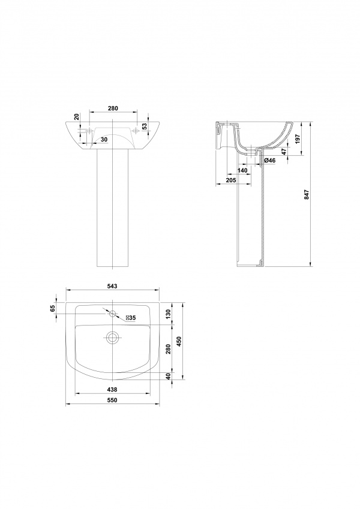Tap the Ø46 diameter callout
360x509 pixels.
(x=270, y=160)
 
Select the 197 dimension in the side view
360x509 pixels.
(x=298, y=138)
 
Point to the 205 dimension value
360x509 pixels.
(x=232, y=180)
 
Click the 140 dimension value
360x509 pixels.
(x=242, y=170)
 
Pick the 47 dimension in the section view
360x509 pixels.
(x=284, y=152)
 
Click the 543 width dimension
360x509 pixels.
(x=112, y=286)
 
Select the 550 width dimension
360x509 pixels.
(x=112, y=400)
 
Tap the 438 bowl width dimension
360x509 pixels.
(x=112, y=390)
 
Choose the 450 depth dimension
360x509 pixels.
(x=178, y=341)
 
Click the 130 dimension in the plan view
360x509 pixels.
(x=167, y=314)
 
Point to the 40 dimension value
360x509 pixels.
(x=167, y=376)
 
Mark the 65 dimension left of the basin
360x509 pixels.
(x=52, y=308)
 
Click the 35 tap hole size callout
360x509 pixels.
(x=131, y=318)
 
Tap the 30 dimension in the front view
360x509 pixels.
(x=104, y=139)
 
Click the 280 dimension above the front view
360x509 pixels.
(x=113, y=108)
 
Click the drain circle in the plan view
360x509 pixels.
(x=112, y=338)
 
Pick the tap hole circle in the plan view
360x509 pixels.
(x=112, y=314)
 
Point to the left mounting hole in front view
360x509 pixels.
(x=89, y=131)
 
